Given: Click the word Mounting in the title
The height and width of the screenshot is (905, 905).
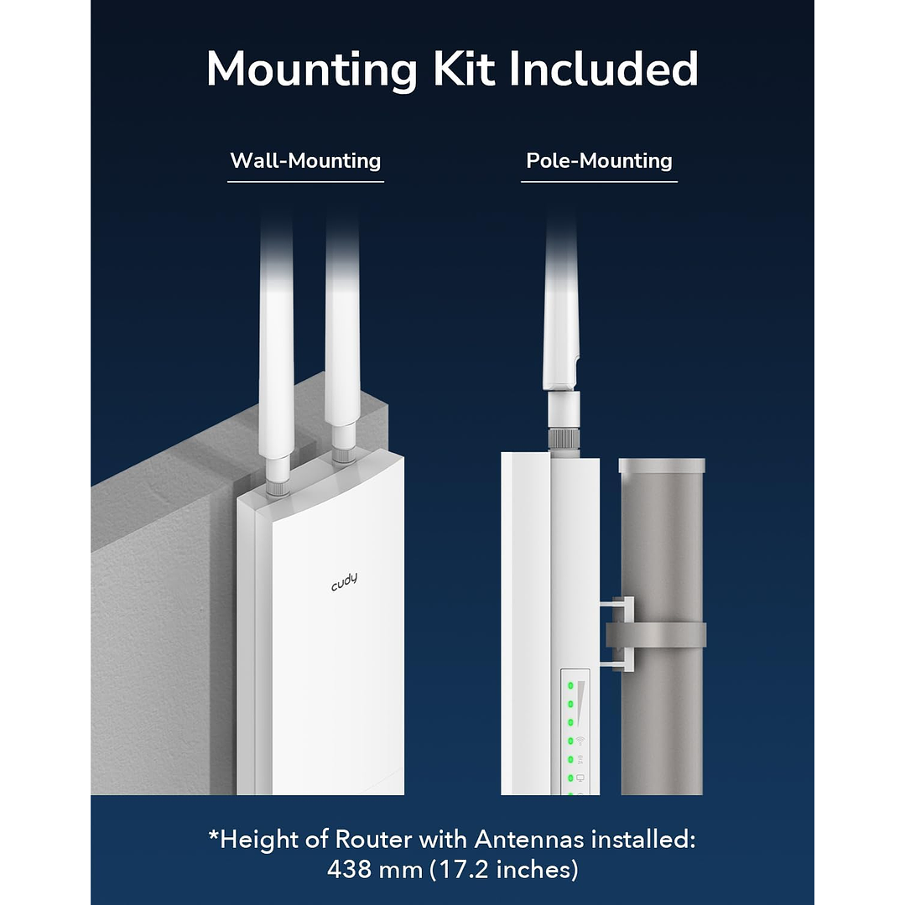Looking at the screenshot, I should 311,70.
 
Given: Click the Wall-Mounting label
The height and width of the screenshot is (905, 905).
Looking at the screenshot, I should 305,160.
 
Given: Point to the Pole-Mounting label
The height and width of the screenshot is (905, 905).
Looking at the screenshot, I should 599,160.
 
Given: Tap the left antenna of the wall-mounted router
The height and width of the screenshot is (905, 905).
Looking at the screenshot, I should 276,335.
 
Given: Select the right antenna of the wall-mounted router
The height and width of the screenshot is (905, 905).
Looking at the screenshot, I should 343,335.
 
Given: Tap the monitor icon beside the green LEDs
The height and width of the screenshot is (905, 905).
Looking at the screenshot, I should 580,778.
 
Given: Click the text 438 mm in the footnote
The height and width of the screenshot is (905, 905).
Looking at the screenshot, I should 374,870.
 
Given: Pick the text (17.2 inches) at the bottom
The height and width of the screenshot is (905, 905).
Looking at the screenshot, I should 503,870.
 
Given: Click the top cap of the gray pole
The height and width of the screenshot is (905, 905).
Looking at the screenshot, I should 662,465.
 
